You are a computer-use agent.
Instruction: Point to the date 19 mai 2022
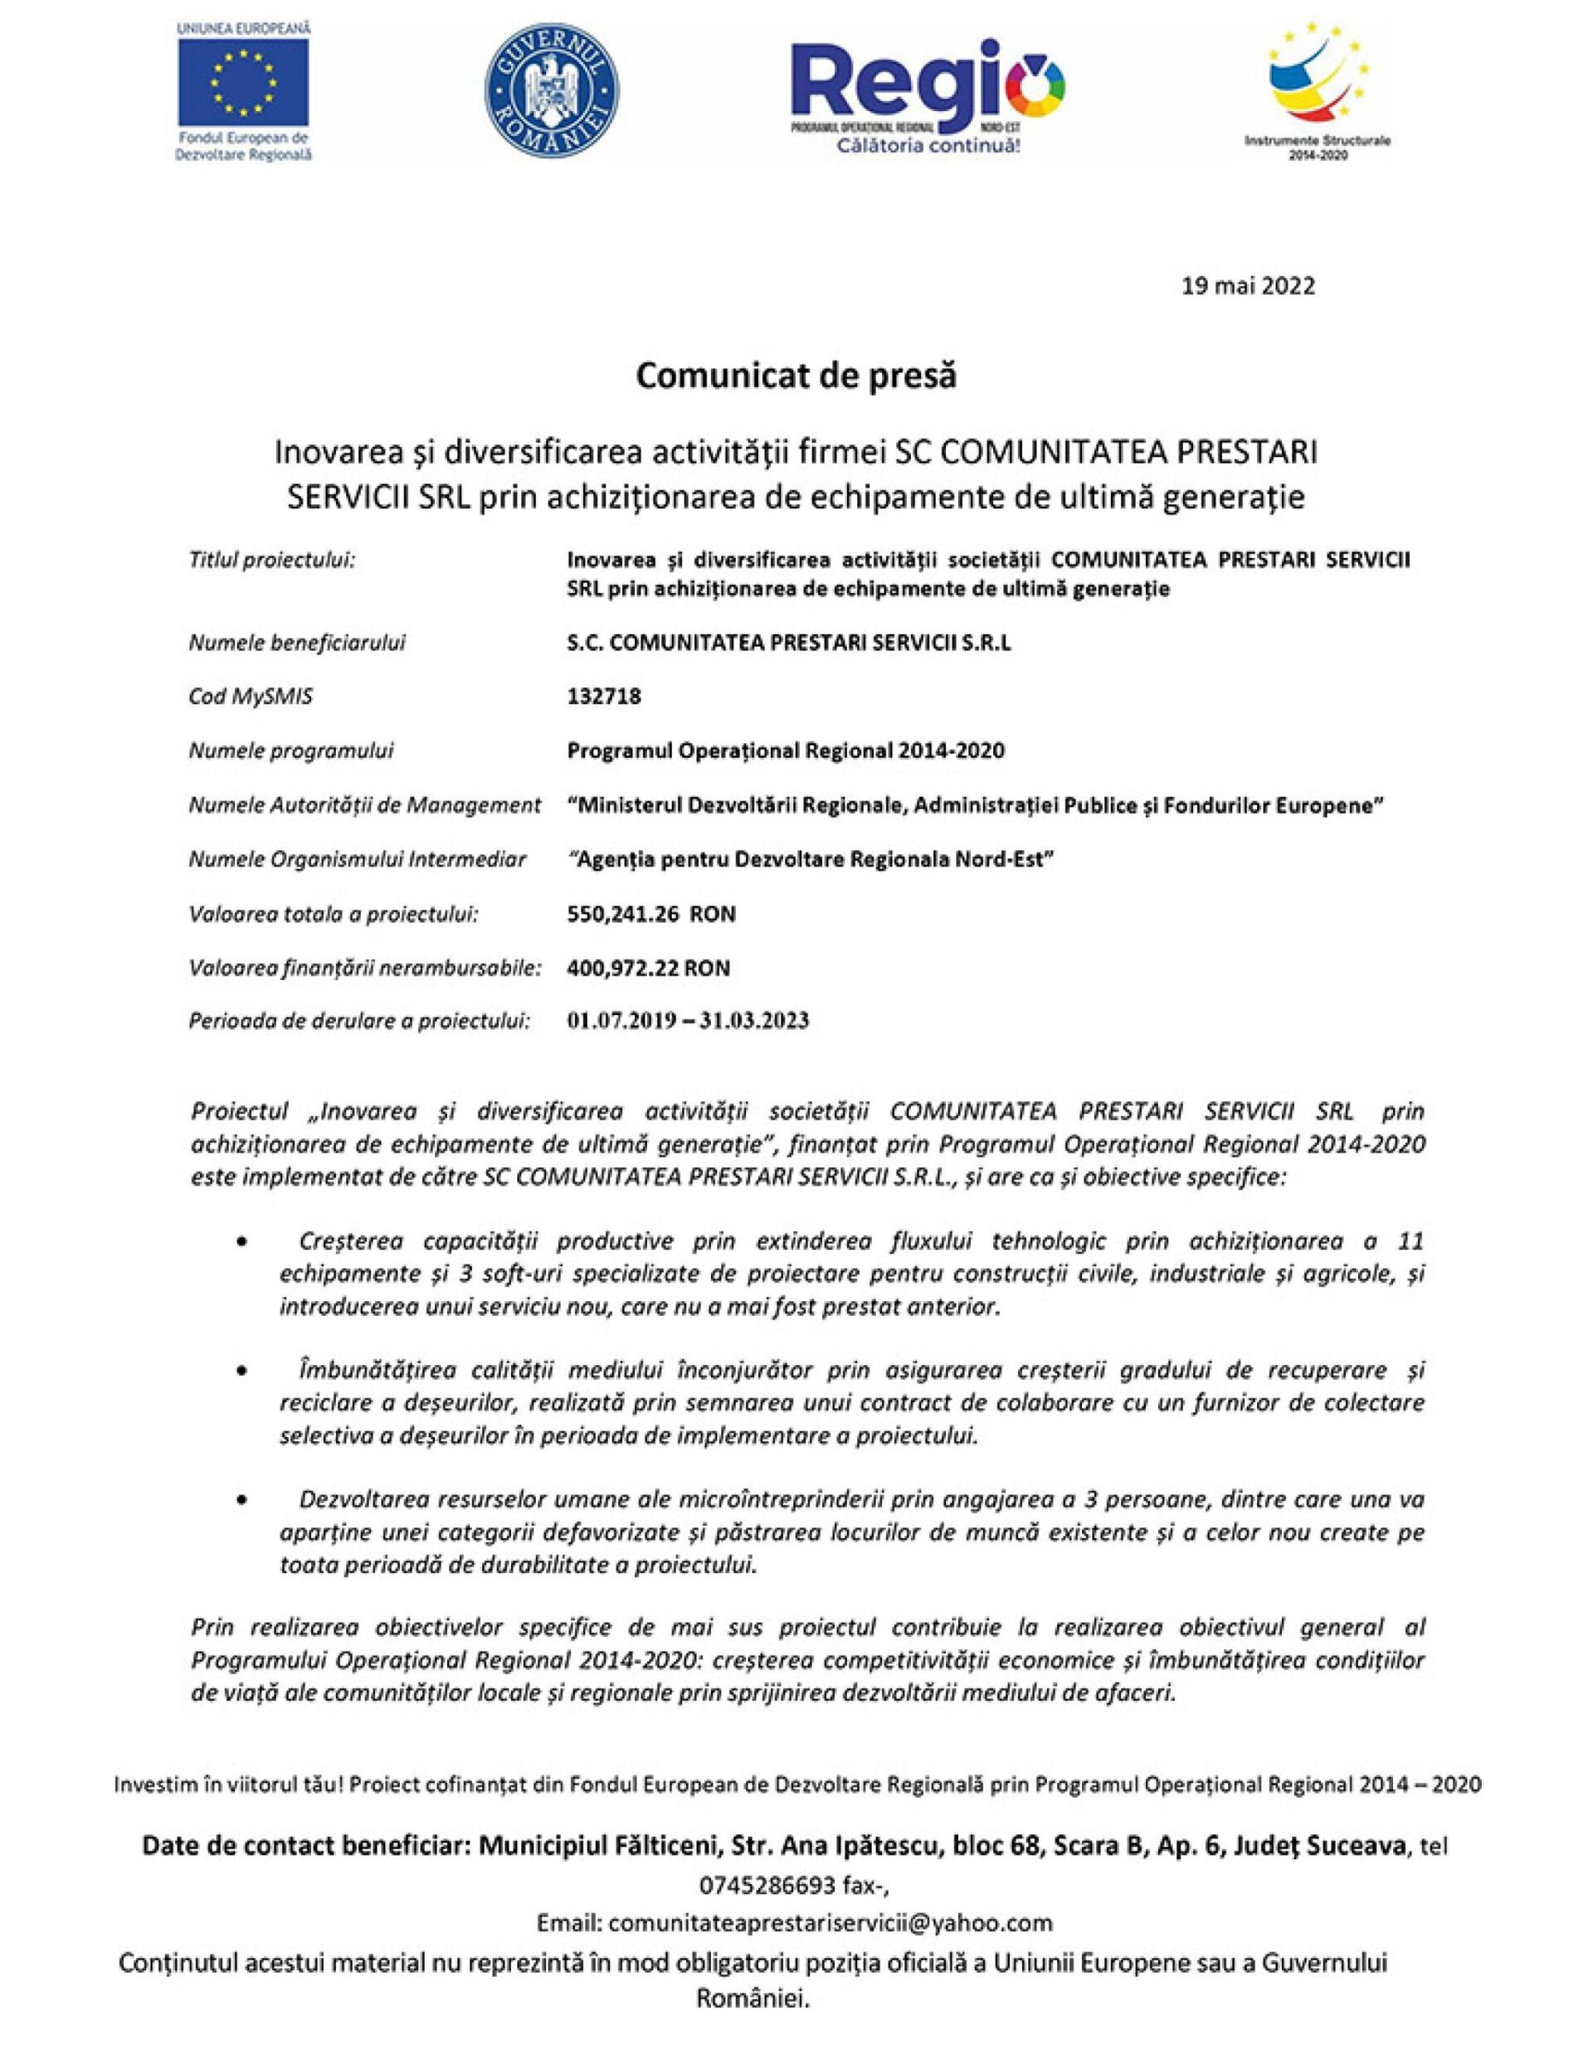(1248, 285)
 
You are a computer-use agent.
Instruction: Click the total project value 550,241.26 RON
(650, 914)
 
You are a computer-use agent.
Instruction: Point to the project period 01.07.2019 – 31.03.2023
(688, 1021)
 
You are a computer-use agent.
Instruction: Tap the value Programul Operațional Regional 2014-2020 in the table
(785, 750)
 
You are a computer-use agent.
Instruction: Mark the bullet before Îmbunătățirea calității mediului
(243, 1371)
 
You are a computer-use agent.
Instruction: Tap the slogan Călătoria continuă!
(928, 147)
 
